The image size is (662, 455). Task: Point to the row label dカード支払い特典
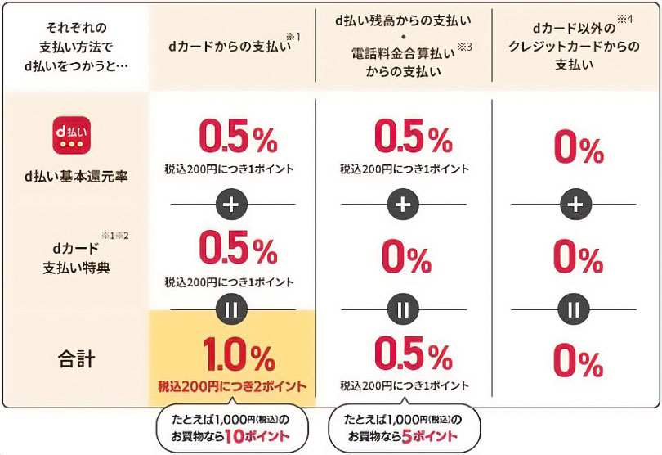[x=72, y=259]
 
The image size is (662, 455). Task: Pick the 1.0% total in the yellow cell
[x=234, y=356]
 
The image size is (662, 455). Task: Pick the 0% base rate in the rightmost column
[x=577, y=148]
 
